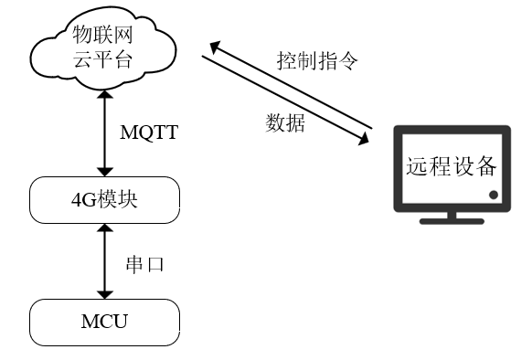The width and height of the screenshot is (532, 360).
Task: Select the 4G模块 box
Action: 103,199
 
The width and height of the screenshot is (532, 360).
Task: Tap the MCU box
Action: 103,321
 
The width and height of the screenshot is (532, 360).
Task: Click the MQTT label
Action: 149,133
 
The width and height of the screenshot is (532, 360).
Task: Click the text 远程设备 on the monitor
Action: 452,166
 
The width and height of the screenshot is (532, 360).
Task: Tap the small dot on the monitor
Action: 494,196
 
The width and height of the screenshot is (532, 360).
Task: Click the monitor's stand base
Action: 452,220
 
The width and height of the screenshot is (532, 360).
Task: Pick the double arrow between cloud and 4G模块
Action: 107,133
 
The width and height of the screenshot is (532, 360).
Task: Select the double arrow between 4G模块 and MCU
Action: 107,261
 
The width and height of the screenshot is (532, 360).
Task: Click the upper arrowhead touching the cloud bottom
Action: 107,93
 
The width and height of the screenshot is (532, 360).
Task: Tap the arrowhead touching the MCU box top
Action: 107,292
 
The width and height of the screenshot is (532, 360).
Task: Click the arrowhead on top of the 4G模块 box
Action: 107,172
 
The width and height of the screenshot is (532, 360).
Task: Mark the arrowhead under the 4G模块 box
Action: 107,230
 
